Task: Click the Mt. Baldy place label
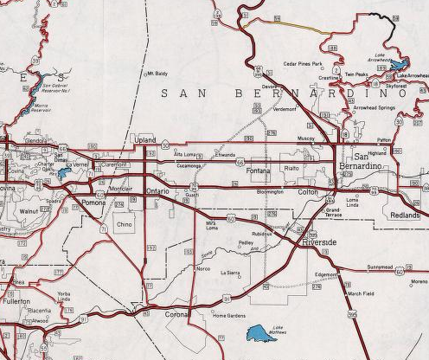pos(157,74)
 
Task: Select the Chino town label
pos(125,224)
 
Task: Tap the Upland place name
pos(144,139)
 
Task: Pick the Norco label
pos(203,269)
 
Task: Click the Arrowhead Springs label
pos(375,107)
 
